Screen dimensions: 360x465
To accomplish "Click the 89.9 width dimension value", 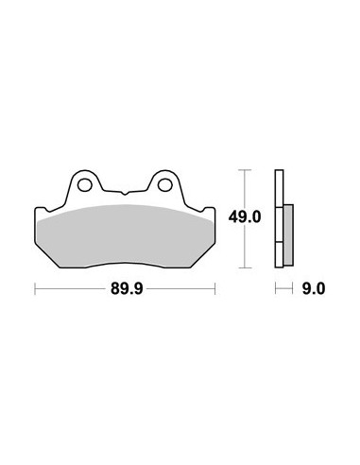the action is [x=127, y=288].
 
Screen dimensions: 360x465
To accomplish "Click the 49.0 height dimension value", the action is [x=245, y=217].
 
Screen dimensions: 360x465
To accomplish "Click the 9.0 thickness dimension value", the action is [x=314, y=288].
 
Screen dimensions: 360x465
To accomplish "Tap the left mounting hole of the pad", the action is [x=85, y=185].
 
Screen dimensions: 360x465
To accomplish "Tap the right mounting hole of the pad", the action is [x=164, y=185].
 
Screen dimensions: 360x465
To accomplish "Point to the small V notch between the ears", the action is [x=125, y=193].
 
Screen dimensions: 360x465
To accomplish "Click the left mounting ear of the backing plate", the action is [x=84, y=184].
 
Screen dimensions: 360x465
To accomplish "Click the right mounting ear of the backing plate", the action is [x=165, y=184].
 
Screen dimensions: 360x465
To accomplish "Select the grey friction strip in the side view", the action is [x=288, y=234].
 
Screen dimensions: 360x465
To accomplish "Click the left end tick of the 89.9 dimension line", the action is [x=35, y=288].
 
